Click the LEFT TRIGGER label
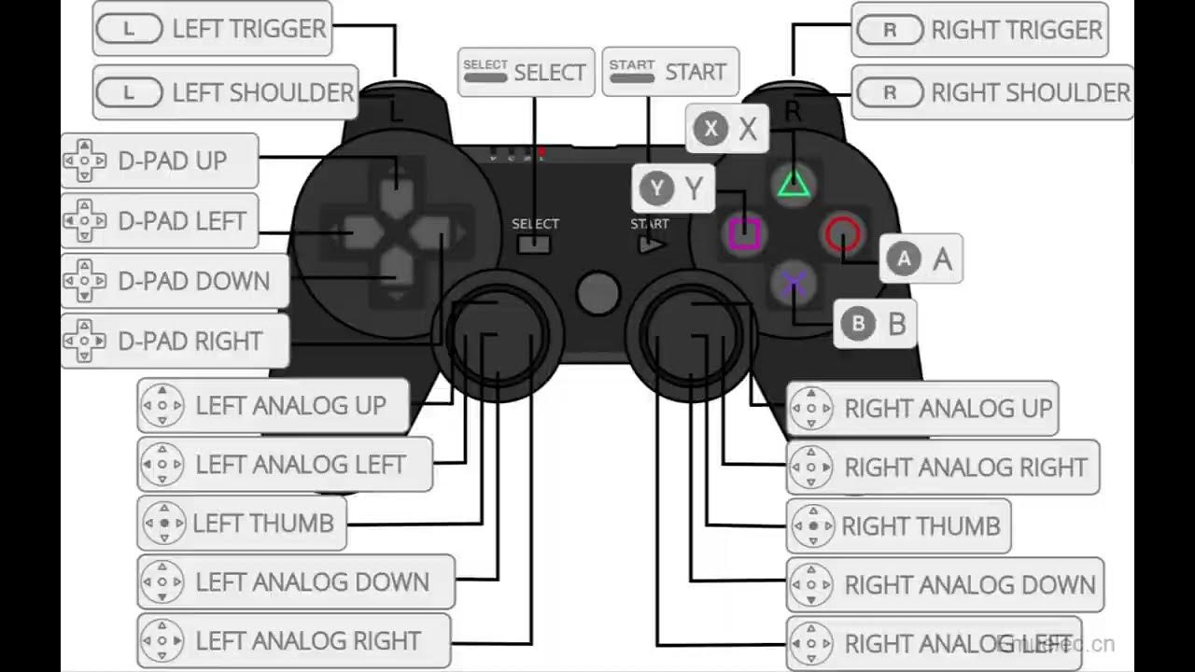213,29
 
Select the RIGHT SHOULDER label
994,92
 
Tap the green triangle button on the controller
794,184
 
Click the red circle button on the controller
842,233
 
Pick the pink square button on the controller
744,233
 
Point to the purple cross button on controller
794,282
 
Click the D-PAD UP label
160,161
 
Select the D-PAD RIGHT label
176,342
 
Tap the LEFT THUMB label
242,524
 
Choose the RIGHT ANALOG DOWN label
945,585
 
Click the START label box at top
669,72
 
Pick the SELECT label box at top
526,72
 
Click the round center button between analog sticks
597,293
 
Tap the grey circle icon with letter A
903,259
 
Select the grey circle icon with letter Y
657,189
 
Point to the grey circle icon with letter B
857,324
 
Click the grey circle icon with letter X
711,129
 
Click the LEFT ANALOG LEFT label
285,464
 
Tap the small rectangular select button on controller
534,245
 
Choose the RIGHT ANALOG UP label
922,408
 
